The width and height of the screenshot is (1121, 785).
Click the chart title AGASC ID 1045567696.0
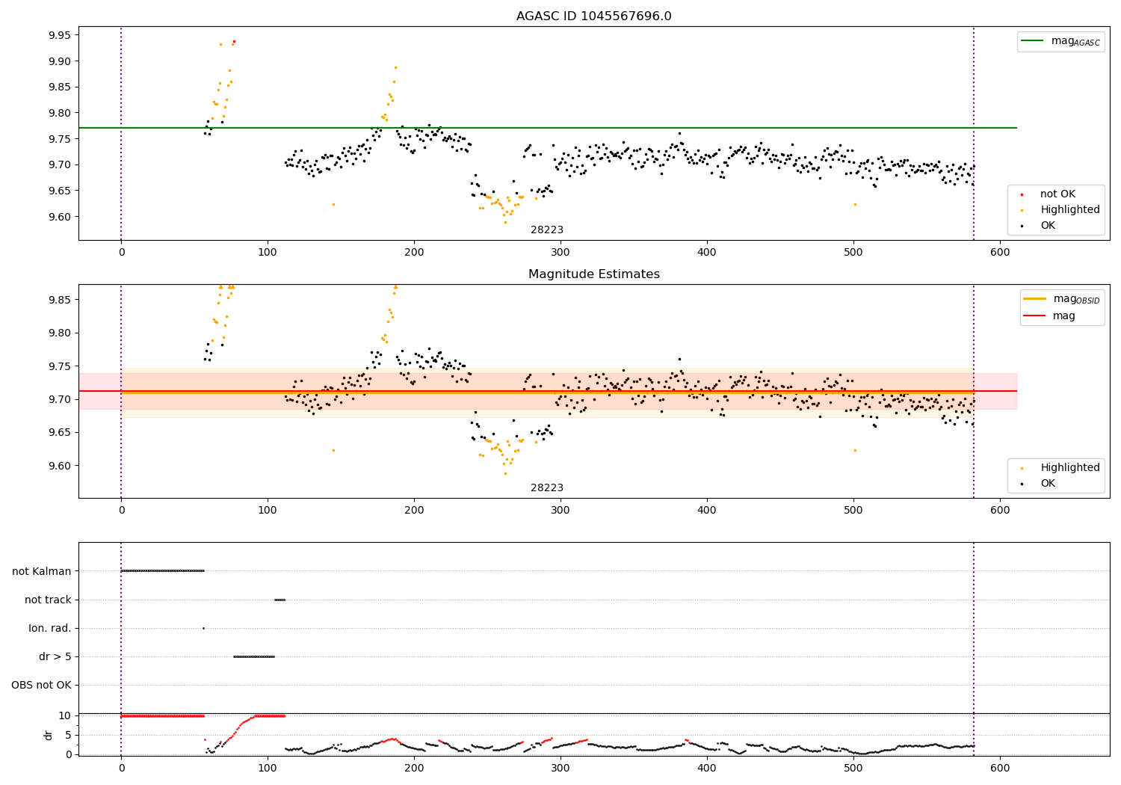click(593, 16)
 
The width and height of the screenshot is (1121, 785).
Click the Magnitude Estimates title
click(593, 274)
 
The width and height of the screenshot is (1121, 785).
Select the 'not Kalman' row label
click(42, 571)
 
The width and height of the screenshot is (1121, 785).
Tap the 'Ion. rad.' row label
click(50, 628)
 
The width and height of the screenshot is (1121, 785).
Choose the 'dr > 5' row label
click(55, 656)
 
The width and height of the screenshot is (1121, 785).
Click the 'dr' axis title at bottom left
click(49, 735)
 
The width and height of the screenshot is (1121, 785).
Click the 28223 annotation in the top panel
click(547, 230)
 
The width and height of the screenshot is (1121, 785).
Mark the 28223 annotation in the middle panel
click(547, 488)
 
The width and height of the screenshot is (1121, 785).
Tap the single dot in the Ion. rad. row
click(203, 628)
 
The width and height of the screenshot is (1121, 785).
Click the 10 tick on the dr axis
click(65, 715)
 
